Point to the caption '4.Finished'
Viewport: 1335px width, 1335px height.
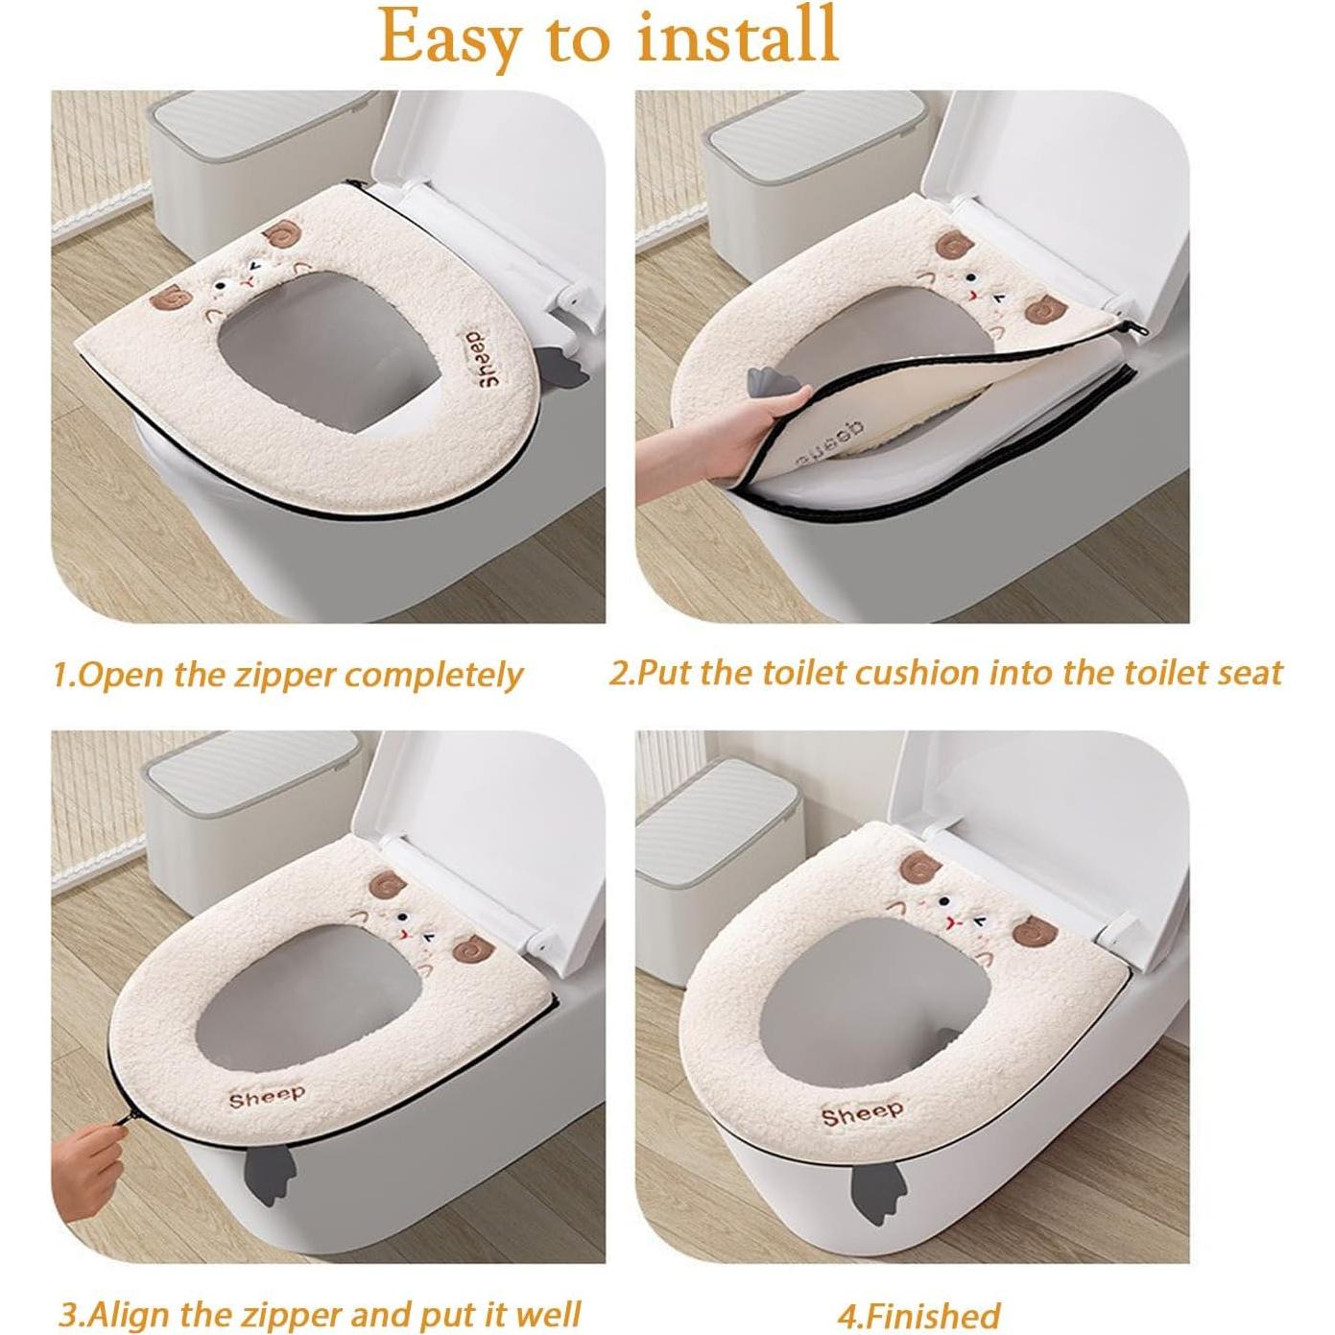[x=918, y=1314]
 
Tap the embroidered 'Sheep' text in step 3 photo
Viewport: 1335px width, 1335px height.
[x=267, y=1095]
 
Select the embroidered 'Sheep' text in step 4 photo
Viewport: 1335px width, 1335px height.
[x=862, y=1113]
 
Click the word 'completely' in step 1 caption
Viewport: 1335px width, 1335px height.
[x=434, y=675]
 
